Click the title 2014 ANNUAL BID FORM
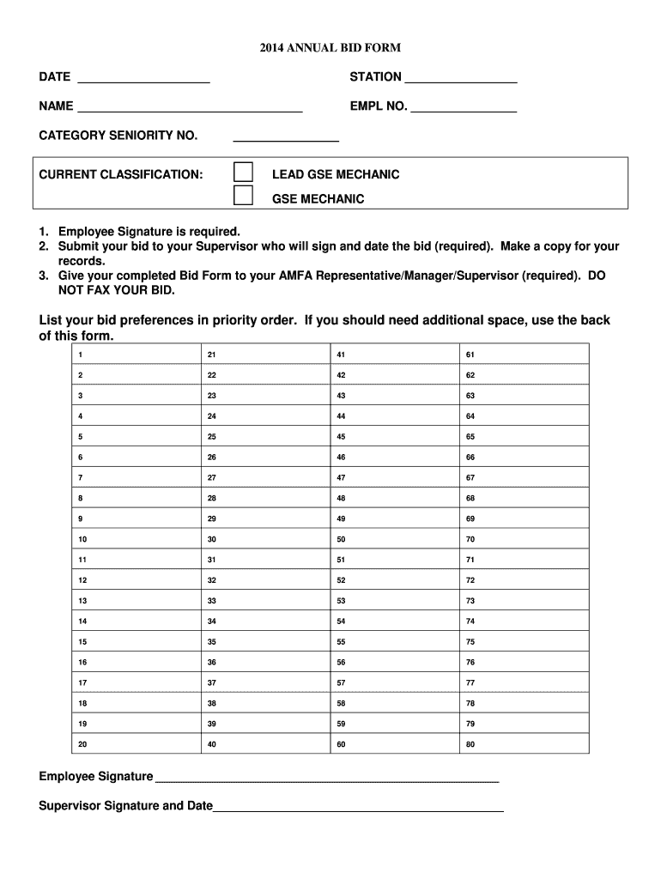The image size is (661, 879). pyautogui.click(x=330, y=48)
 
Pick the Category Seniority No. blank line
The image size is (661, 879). pyautogui.click(x=286, y=136)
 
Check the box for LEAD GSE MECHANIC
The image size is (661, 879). pyautogui.click(x=244, y=172)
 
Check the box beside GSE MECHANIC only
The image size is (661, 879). pyautogui.click(x=244, y=196)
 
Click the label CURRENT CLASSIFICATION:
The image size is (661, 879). pyautogui.click(x=121, y=175)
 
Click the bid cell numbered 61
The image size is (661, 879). pyautogui.click(x=525, y=355)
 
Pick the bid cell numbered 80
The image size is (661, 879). pyautogui.click(x=525, y=744)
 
